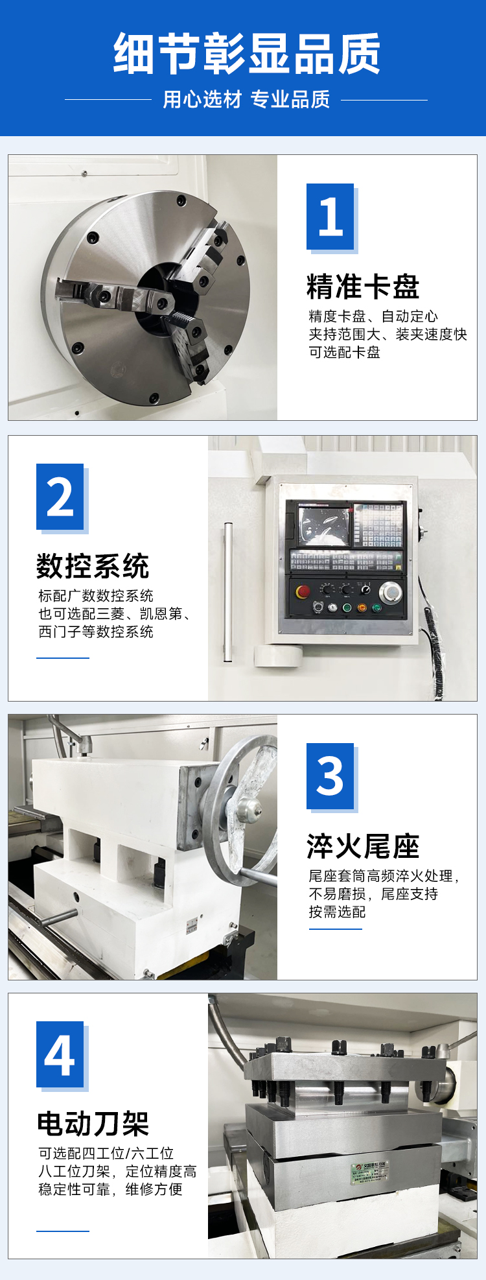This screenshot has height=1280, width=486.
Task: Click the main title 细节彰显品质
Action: [x=247, y=54]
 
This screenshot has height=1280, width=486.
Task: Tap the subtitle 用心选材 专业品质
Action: [x=246, y=99]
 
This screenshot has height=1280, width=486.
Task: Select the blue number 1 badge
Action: [x=330, y=217]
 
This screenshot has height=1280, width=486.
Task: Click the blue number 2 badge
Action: [x=60, y=497]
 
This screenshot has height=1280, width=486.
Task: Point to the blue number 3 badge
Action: [x=330, y=776]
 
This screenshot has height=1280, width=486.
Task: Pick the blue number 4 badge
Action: [x=60, y=1055]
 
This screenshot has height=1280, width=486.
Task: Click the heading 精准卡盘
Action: [x=363, y=287]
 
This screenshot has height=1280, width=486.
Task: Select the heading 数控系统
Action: [x=93, y=566]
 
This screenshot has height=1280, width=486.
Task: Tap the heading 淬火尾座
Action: [x=363, y=846]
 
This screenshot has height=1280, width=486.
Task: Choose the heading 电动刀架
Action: [x=93, y=1124]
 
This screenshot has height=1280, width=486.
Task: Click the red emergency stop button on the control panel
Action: [x=303, y=591]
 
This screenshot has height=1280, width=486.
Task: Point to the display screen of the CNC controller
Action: [x=323, y=526]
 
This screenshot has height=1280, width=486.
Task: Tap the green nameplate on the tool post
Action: [x=369, y=1172]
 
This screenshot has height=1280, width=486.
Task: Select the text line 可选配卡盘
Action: [x=344, y=352]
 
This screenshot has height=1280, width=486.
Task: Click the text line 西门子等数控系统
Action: [x=96, y=632]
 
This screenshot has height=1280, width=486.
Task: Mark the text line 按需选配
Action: [x=337, y=912]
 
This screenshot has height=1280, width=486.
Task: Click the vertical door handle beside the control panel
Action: [x=227, y=592]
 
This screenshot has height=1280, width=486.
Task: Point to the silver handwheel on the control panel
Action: [x=390, y=591]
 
